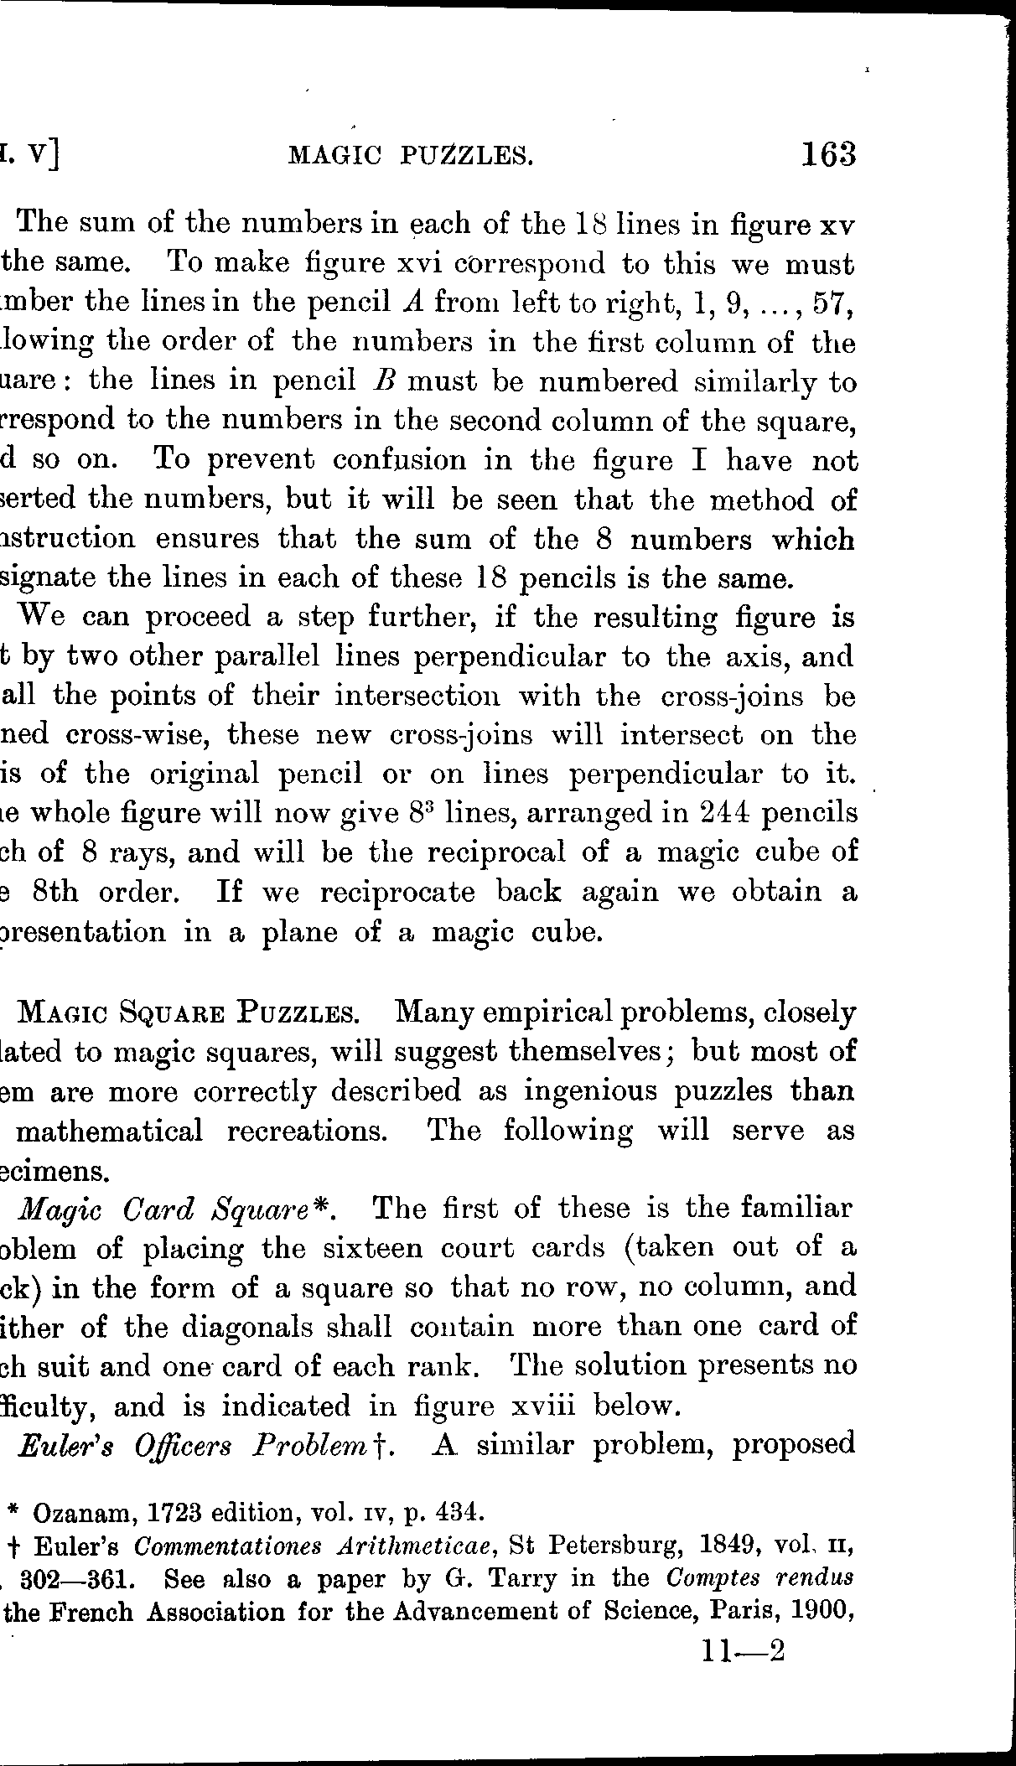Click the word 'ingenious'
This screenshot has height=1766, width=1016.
point(598,1090)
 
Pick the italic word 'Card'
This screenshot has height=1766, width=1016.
point(158,1209)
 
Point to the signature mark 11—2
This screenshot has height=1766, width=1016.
point(744,1650)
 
